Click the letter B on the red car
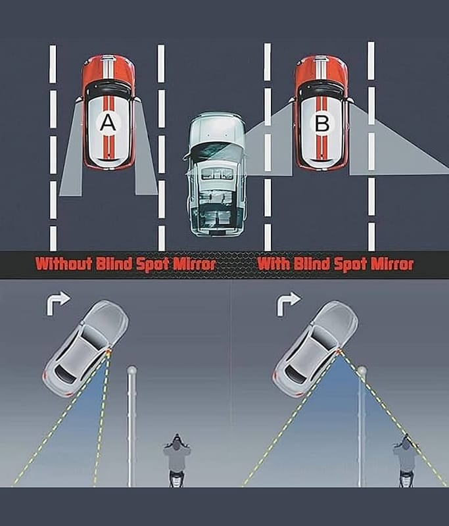click(x=321, y=122)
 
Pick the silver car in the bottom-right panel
click(x=316, y=348)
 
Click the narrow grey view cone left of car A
click(x=72, y=158)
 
